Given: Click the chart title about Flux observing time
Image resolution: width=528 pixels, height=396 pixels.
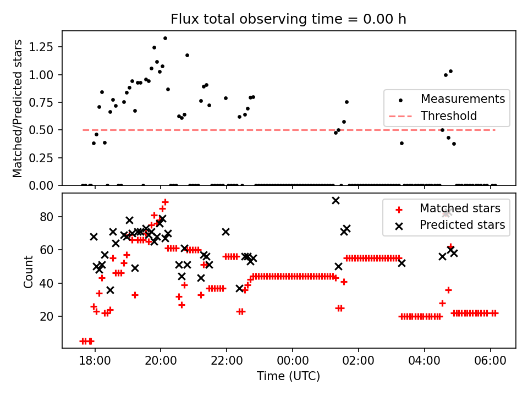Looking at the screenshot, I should click(288, 19).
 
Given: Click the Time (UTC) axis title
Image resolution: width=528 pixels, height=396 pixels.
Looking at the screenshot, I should click(288, 377).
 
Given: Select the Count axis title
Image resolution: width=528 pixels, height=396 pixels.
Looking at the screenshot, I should click(29, 271).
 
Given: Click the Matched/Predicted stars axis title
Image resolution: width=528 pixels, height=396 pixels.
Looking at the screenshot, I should click(18, 108).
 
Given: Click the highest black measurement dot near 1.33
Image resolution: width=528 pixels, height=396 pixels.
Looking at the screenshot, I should click(165, 38).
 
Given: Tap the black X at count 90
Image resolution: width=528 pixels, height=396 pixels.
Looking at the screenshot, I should click(335, 201).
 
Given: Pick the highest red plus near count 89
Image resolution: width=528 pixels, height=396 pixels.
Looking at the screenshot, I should click(165, 202).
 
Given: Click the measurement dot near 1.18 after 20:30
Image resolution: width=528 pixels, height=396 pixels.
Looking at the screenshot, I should click(187, 55).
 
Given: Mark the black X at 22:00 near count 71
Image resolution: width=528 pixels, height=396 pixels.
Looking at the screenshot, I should click(226, 232).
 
